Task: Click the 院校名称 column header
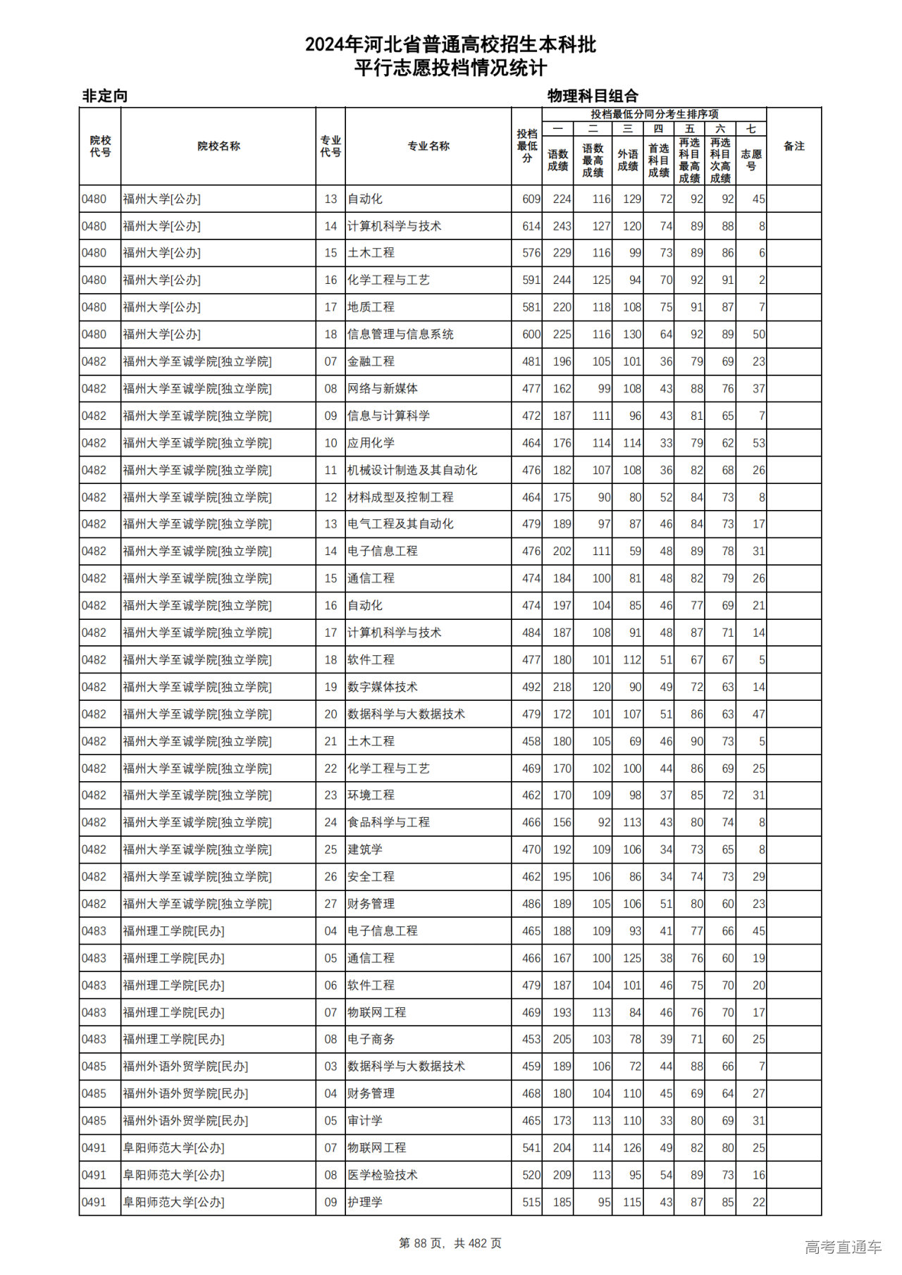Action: pyautogui.click(x=218, y=147)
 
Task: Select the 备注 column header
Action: pyautogui.click(x=793, y=147)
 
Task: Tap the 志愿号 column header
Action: pyautogui.click(x=751, y=160)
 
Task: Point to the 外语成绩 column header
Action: pyautogui.click(x=628, y=160)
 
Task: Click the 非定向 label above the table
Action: pyautogui.click(x=105, y=96)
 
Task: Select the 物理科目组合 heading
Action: pyautogui.click(x=593, y=96)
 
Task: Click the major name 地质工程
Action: pyautogui.click(x=371, y=307)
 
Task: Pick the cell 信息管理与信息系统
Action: pyautogui.click(x=400, y=335)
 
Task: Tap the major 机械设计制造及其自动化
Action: pyautogui.click(x=412, y=470)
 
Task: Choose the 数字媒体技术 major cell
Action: pyautogui.click(x=383, y=687)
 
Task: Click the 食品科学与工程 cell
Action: pyautogui.click(x=388, y=822)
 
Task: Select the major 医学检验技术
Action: pyautogui.click(x=383, y=1175)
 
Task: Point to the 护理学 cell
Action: pyautogui.click(x=365, y=1202)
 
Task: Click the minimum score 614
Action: pyautogui.click(x=531, y=226)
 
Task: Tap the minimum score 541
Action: pyautogui.click(x=531, y=1147)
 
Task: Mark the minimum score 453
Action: pyautogui.click(x=531, y=1039)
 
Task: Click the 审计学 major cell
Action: pyautogui.click(x=365, y=1121)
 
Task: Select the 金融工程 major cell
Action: pyautogui.click(x=371, y=361)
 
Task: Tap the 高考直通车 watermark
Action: pyautogui.click(x=843, y=1247)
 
